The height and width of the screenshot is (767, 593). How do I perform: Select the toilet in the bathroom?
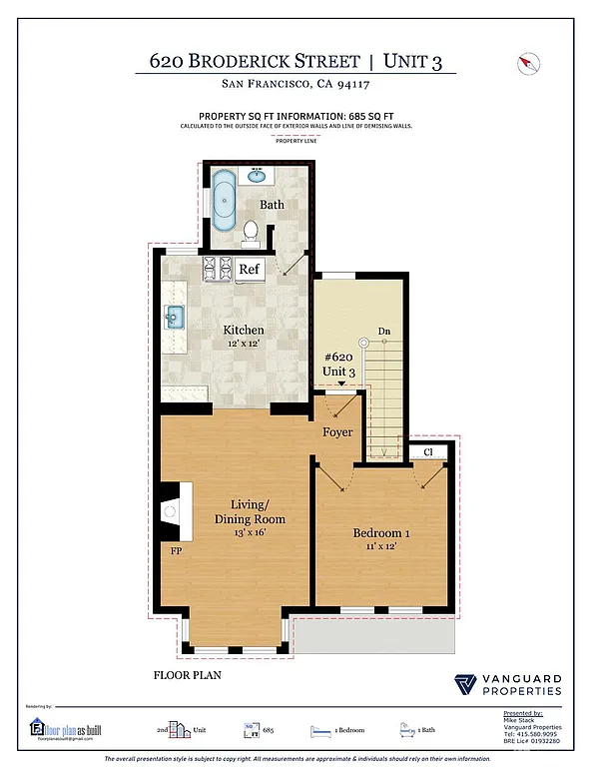tap(252, 233)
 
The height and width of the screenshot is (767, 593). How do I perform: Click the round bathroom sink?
tap(258, 176)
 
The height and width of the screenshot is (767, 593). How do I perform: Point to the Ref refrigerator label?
tap(249, 269)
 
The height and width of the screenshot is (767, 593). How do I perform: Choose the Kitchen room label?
tap(243, 331)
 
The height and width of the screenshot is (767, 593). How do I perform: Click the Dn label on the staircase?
tap(383, 332)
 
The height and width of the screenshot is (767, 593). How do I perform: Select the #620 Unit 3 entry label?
tap(338, 364)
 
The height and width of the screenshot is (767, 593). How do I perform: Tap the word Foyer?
tap(337, 432)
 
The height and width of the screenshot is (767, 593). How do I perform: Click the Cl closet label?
tap(427, 452)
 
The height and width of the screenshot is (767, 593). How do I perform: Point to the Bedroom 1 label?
tap(382, 532)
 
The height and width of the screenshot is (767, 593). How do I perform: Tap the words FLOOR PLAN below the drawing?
tap(187, 675)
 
